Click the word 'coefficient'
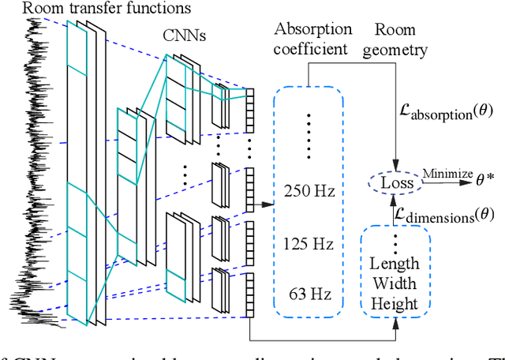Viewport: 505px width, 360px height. tap(309, 50)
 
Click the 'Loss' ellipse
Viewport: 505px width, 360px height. tap(391, 182)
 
